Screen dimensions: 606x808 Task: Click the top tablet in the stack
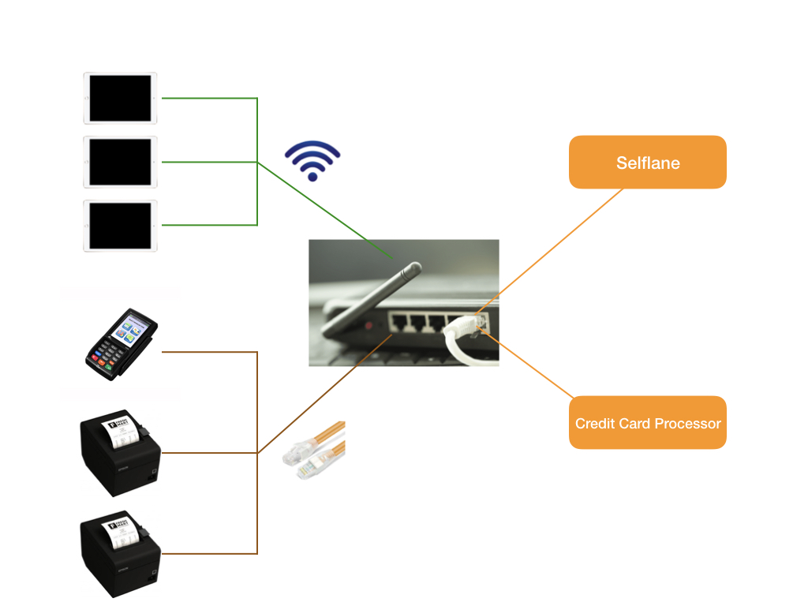(x=120, y=98)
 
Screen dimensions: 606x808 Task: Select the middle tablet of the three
(x=120, y=162)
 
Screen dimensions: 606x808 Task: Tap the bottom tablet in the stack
(x=120, y=226)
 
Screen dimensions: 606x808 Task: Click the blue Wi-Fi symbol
(x=312, y=161)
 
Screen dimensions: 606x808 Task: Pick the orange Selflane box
(x=647, y=163)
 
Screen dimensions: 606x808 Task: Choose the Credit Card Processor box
(x=647, y=423)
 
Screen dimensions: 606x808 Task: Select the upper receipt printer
(x=121, y=453)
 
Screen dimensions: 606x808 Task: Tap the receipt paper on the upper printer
(x=122, y=431)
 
